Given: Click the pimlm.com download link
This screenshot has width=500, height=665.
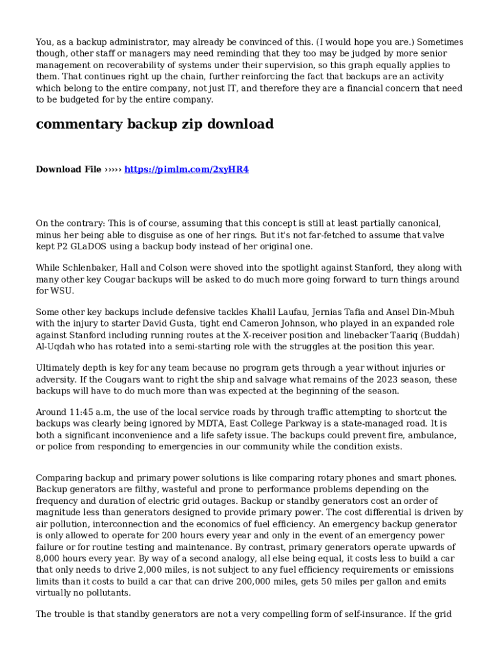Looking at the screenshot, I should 186,169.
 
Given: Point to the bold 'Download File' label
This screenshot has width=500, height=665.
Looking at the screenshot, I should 68,169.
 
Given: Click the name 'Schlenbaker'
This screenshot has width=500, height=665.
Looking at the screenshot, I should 91,268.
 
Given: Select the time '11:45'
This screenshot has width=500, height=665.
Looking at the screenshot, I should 80,412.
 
